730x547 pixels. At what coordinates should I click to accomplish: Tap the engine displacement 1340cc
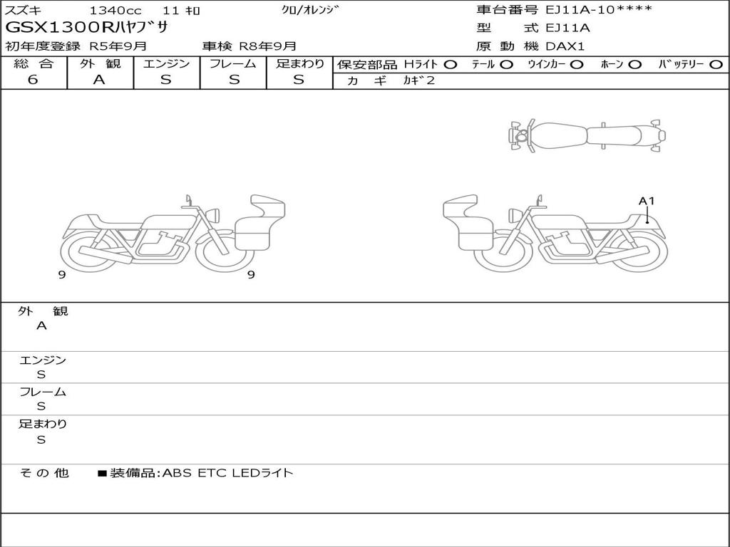115,10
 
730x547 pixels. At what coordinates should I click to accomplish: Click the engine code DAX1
565,46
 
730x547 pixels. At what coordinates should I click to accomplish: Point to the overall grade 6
33,79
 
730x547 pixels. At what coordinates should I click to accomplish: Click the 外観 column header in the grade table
100,63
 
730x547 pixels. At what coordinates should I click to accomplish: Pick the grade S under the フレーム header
234,80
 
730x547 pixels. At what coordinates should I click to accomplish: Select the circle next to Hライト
451,65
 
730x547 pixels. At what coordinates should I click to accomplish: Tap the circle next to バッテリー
716,65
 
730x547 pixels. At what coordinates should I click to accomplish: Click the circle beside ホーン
635,65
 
